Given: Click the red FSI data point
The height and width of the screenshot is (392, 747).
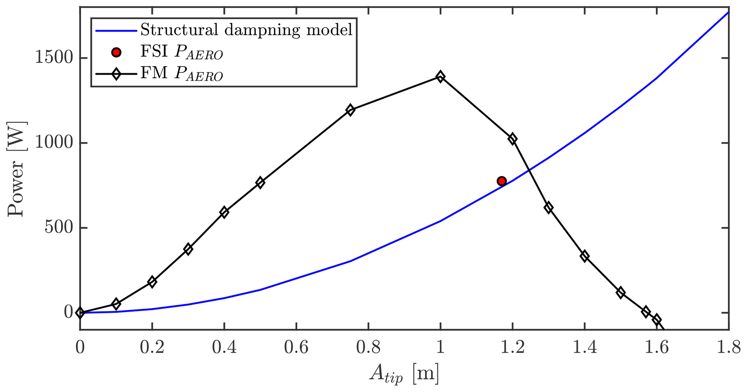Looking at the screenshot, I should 501,181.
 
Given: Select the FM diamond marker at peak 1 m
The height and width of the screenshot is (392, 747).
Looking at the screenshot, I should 440,77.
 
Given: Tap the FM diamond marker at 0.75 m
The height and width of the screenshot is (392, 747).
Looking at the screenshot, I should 350,110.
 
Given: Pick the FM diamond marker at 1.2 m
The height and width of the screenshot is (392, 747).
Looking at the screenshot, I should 512,139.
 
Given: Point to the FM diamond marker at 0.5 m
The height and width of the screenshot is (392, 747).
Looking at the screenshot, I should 260,182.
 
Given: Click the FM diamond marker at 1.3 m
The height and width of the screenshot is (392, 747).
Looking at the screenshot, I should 548,208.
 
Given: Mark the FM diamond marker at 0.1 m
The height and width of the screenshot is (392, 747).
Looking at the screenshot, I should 116,304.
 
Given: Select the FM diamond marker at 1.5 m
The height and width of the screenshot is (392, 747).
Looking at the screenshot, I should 621,293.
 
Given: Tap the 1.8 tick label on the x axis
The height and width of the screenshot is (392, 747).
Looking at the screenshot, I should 728,348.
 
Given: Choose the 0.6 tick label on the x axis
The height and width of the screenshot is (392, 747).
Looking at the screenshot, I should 296,348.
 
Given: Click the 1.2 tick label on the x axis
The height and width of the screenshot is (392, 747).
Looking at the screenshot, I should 512,348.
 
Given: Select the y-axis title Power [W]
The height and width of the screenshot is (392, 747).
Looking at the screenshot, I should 16,169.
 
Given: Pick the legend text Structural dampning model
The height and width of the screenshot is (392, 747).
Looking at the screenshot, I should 246,30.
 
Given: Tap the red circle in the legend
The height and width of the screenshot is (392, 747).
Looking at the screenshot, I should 116,52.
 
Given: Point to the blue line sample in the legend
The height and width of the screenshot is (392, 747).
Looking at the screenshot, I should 116,31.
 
